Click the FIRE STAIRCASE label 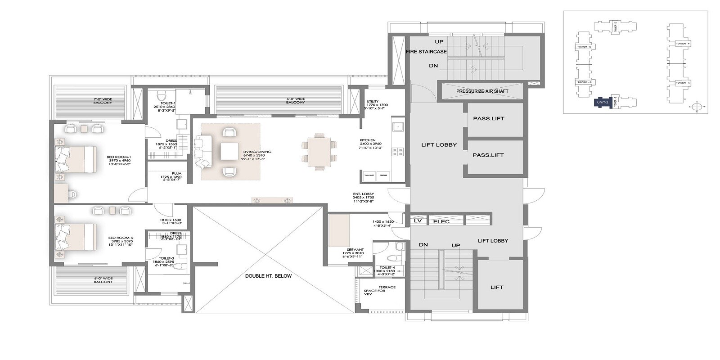[426, 52]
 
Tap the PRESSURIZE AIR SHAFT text [482, 91]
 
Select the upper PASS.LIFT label [488, 119]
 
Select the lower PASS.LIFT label [488, 155]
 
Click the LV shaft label [417, 221]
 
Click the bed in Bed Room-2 [76, 237]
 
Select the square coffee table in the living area [230, 151]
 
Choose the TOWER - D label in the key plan [585, 47]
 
